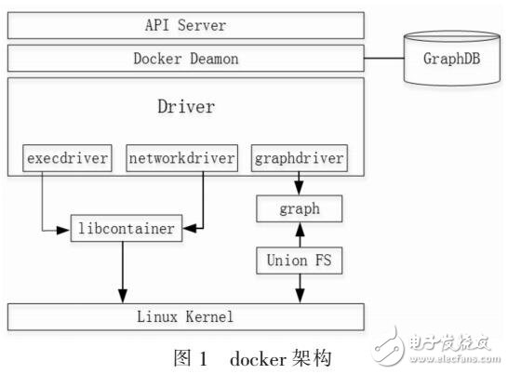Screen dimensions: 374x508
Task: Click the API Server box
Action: tap(186, 25)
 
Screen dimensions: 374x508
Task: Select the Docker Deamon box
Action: tap(186, 59)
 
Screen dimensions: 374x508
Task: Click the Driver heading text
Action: tap(186, 106)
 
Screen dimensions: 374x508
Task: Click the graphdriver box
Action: tap(300, 159)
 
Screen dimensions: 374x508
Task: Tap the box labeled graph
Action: tap(300, 209)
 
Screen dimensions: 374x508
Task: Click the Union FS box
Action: tap(300, 261)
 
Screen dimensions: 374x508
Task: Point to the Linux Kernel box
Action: tap(186, 317)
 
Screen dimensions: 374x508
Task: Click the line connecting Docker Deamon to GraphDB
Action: tap(384, 59)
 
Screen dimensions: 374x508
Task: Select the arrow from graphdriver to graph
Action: tap(300, 184)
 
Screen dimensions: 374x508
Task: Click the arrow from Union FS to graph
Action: tap(300, 234)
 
